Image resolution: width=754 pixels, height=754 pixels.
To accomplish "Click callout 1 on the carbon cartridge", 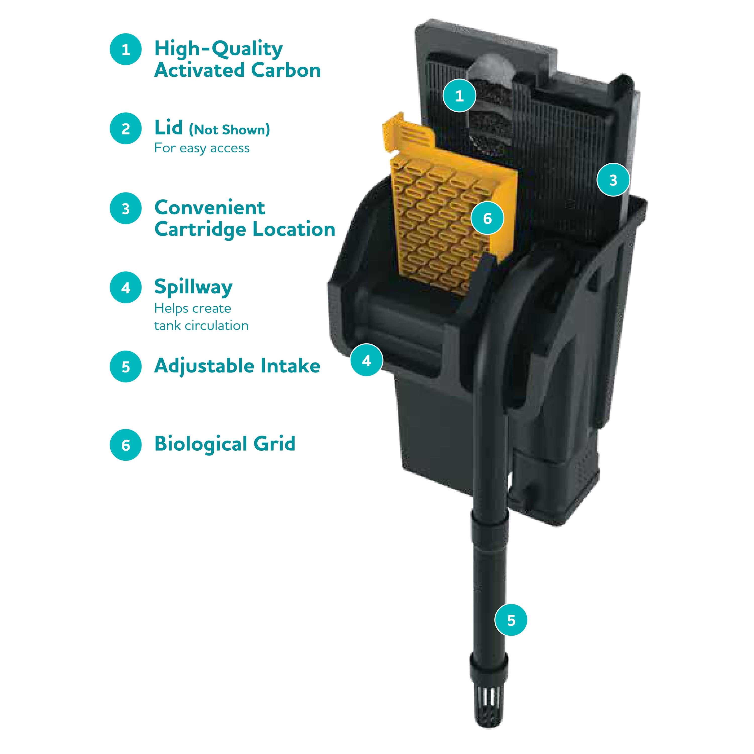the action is click(459, 95).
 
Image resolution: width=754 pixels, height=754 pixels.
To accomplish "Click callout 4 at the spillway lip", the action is click(366, 360).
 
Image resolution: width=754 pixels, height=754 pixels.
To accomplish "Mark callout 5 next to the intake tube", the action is click(511, 620).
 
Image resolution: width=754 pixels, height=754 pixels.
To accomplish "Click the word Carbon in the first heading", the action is click(286, 70).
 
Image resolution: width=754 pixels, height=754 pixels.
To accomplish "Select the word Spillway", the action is click(194, 287).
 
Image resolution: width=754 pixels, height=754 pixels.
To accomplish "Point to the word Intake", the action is click(290, 366).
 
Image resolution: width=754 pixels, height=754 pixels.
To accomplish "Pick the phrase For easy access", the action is click(202, 148).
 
